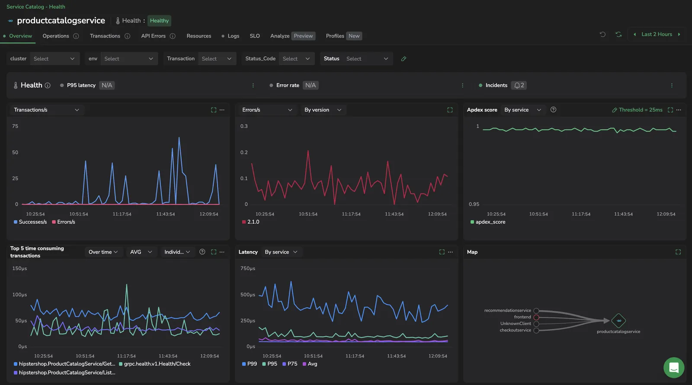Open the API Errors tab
tap(153, 36)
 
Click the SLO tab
tap(255, 36)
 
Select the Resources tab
tap(199, 36)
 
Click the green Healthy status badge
tap(159, 21)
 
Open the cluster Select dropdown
tap(54, 59)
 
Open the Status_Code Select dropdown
tap(296, 59)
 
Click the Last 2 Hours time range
tap(657, 34)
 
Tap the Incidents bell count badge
tap(519, 85)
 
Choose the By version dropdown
tap(323, 110)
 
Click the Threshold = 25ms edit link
tap(638, 110)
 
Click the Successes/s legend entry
tap(30, 222)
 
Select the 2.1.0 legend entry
tap(250, 222)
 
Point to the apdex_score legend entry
tap(488, 222)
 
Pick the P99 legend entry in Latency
tap(250, 364)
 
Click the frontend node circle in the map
tap(536, 318)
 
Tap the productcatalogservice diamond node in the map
tap(618, 321)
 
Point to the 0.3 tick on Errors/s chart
tap(244, 126)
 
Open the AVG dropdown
tap(141, 252)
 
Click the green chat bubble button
tap(674, 368)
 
